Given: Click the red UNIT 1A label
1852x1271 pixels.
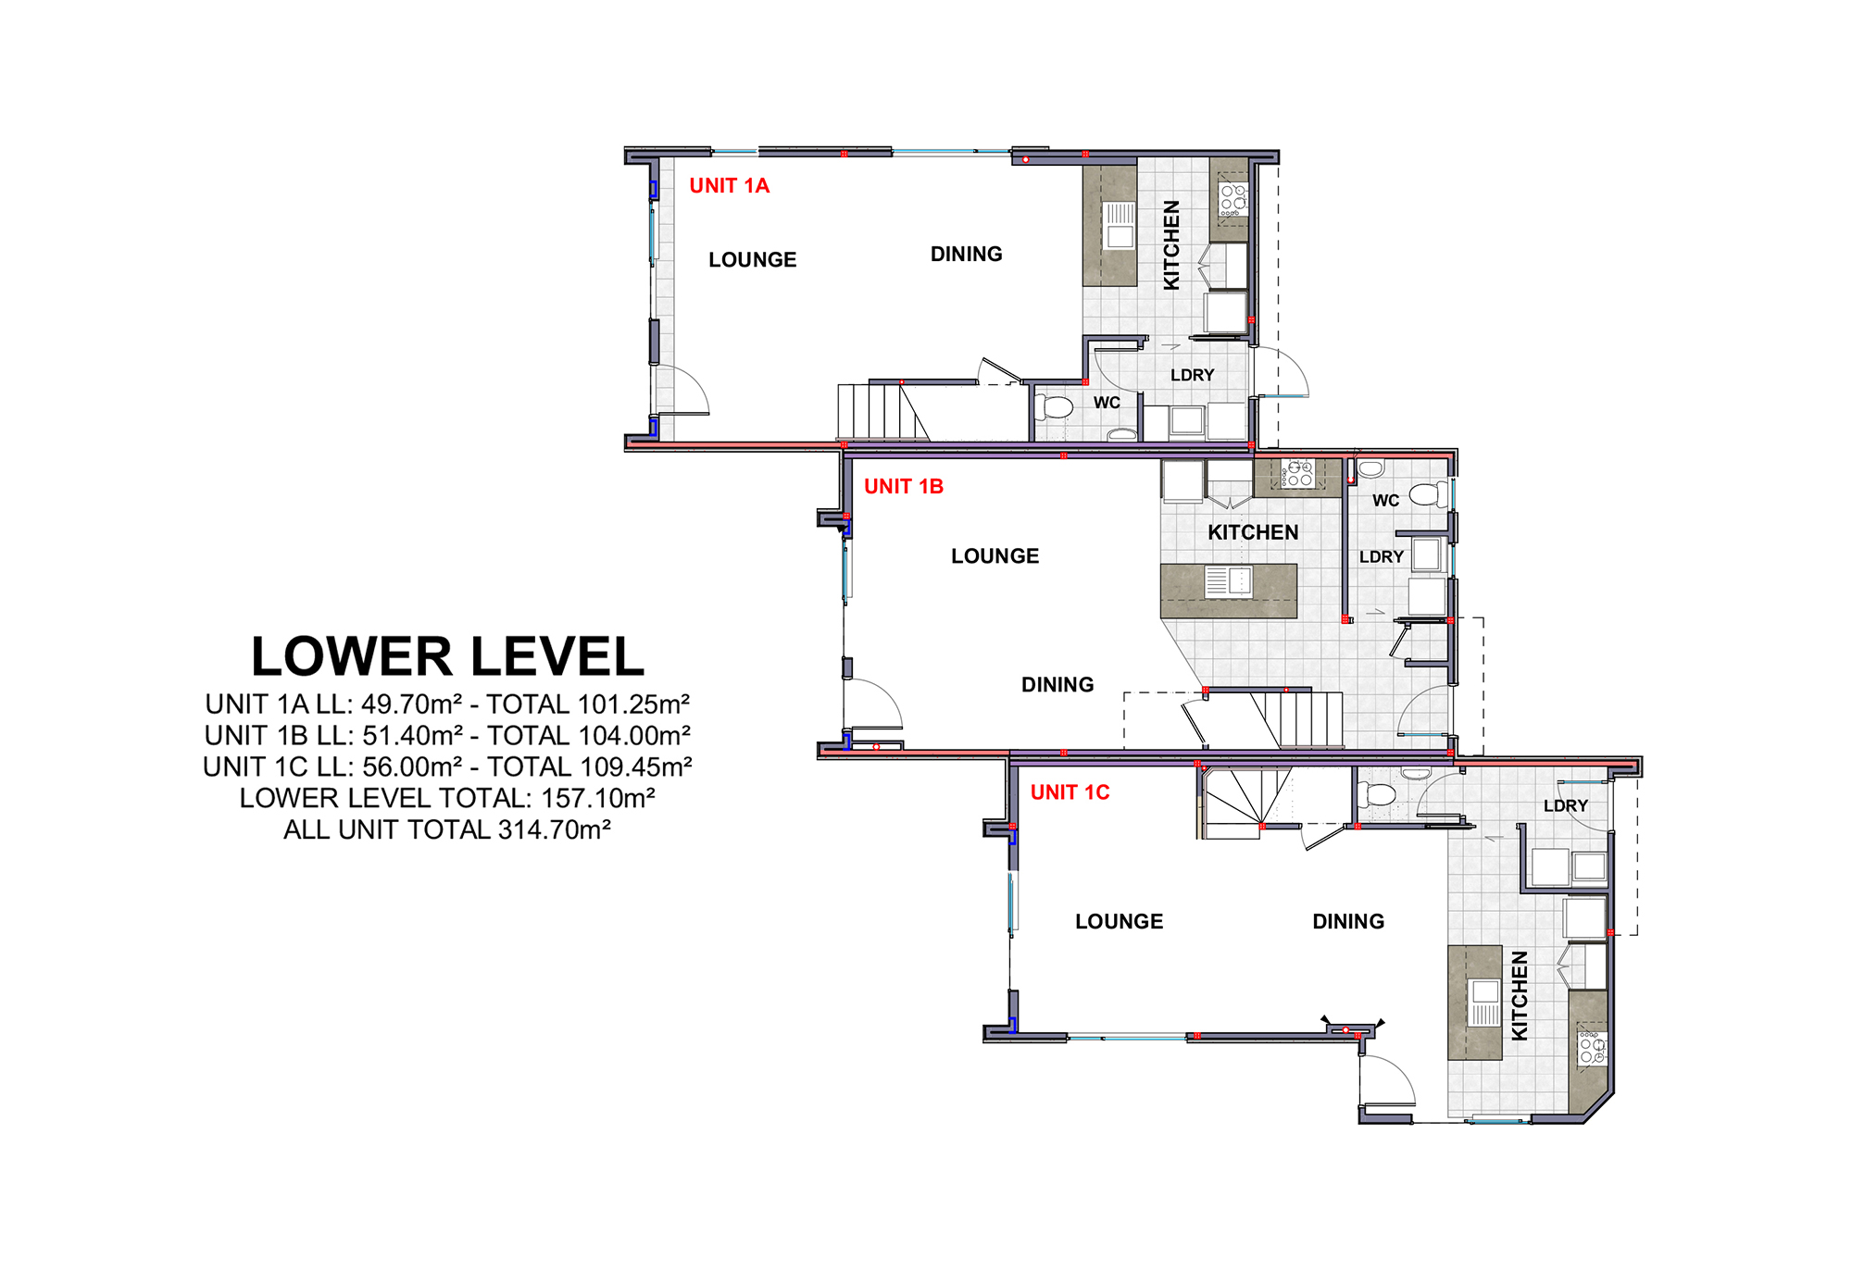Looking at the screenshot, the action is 729,186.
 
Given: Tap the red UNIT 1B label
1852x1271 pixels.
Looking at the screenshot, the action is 904,487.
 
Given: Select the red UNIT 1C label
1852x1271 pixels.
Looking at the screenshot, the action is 1070,792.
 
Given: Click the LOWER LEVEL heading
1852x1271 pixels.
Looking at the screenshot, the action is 447,656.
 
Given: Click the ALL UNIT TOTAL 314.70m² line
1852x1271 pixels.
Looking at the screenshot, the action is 447,829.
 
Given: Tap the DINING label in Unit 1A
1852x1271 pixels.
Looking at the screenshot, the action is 966,255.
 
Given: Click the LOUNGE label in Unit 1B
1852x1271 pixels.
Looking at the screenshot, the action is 995,556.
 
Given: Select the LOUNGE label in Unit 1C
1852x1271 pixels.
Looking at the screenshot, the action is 1119,922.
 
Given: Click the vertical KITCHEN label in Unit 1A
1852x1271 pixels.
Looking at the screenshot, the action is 1171,245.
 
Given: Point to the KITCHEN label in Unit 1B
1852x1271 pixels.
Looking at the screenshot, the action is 1253,533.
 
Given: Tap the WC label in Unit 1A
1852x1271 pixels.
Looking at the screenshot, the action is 1107,404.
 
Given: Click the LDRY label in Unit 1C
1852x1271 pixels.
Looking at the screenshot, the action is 1565,806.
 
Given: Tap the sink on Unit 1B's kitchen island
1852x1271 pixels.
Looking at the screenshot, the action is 1228,581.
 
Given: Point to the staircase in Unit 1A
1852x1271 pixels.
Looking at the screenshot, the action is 883,412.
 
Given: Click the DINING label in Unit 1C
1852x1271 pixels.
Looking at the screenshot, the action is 1348,922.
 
